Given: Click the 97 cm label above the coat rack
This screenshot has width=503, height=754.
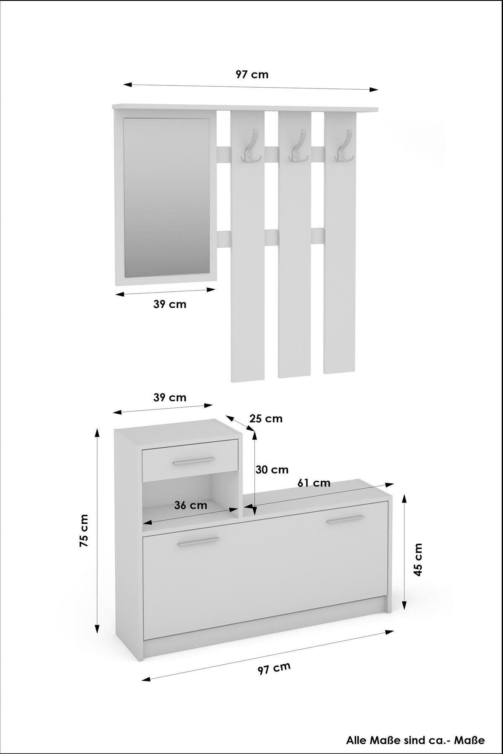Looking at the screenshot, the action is point(251,75).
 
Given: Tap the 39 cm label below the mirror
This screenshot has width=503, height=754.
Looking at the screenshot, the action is point(170,304).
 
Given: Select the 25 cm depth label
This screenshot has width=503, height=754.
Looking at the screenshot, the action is point(266,419).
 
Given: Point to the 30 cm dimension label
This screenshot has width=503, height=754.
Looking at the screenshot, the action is point(272,470).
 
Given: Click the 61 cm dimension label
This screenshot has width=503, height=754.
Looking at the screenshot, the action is point(314,483).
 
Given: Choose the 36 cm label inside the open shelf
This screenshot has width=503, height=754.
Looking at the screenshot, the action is point(191,505).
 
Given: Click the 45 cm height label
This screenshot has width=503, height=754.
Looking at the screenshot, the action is point(418,560).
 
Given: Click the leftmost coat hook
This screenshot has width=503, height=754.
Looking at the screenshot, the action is point(251,146).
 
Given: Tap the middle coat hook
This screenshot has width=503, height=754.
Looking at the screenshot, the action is point(298,146).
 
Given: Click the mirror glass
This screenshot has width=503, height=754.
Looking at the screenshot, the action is point(166,197).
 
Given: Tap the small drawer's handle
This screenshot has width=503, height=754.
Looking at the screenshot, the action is point(193,461).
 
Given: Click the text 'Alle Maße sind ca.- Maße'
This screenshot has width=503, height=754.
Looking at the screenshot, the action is point(415,740).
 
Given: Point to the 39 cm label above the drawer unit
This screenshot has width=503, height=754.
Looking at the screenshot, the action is point(170,397).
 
